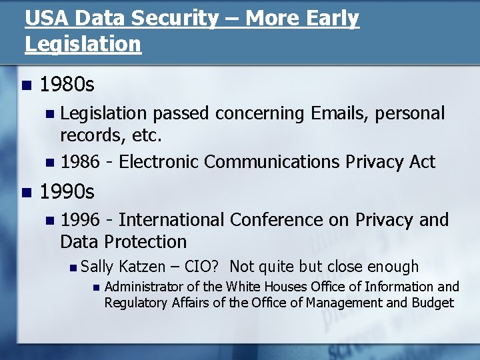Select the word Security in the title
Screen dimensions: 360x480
pyautogui.click(x=175, y=18)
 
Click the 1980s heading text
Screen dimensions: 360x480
pyautogui.click(x=67, y=85)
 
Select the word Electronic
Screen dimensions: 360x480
pyautogui.click(x=159, y=162)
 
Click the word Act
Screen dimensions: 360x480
pyautogui.click(x=421, y=162)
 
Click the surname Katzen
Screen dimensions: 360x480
pyautogui.click(x=141, y=267)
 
